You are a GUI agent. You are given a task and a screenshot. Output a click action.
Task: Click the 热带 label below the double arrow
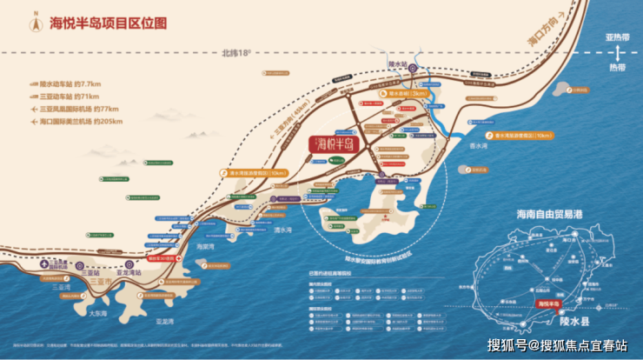616,65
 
